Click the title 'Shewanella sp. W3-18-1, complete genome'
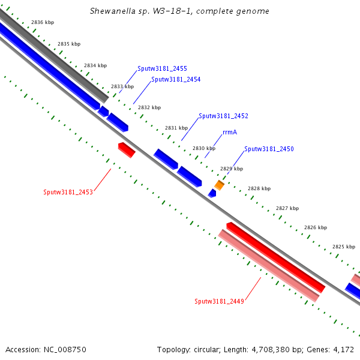[179, 11]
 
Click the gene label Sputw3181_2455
[162, 68]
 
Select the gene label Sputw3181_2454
[176, 79]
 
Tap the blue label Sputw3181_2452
[223, 116]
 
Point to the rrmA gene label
[230, 132]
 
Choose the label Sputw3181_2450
[269, 149]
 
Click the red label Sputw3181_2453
[68, 193]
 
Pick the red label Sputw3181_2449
[219, 301]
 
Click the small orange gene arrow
[220, 185]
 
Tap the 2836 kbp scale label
[43, 22]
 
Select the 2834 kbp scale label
[95, 65]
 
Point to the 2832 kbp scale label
[149, 108]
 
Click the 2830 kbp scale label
[204, 148]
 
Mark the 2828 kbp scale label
[259, 188]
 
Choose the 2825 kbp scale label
[344, 247]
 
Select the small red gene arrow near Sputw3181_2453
[127, 149]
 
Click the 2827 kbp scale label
[287, 208]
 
